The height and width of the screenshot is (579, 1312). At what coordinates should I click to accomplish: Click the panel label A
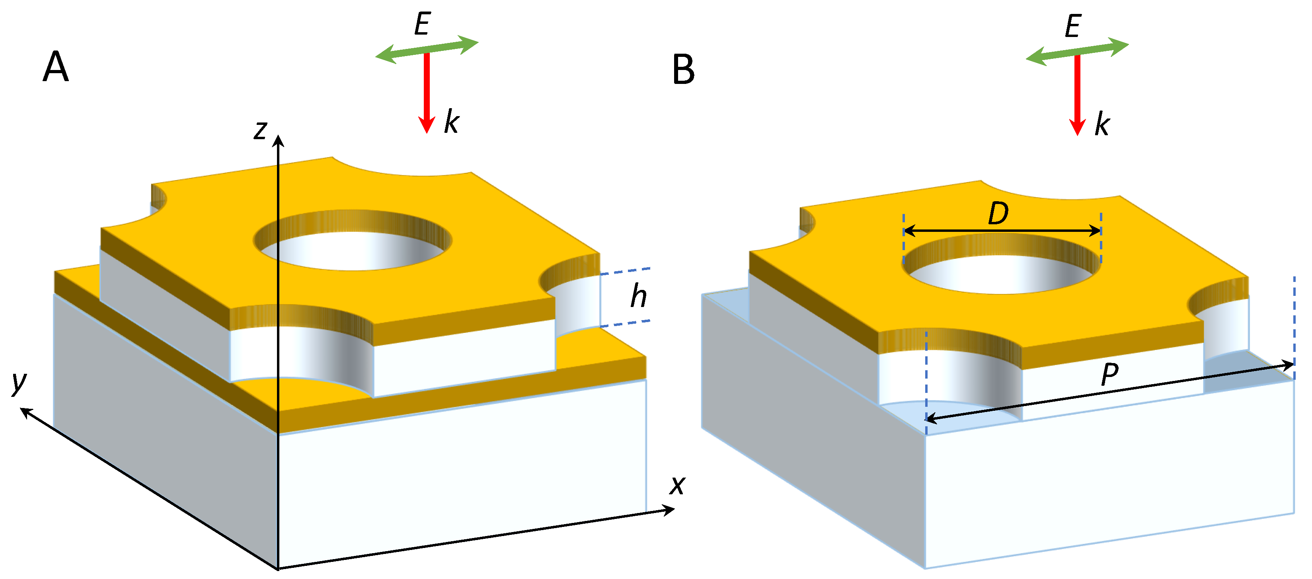coord(56,67)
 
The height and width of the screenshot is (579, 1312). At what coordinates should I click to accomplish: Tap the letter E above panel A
coord(422,24)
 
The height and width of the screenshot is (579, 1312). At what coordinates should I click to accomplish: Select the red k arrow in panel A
coord(427,91)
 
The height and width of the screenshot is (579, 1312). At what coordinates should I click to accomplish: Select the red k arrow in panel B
coord(1077,94)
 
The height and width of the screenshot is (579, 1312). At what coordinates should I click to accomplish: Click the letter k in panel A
coord(451,122)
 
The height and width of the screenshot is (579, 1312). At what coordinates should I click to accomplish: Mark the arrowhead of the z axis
coord(278,140)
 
